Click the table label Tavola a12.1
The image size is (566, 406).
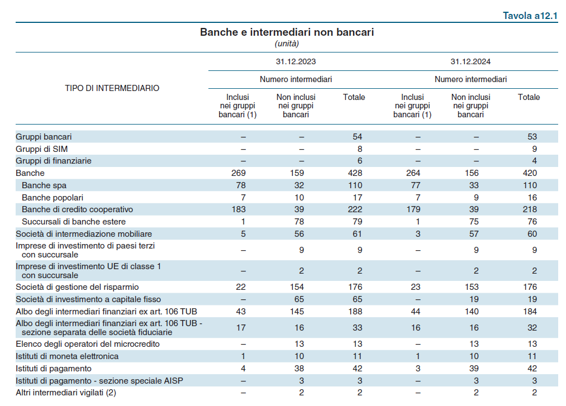(530, 16)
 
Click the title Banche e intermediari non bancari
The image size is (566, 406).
(287, 32)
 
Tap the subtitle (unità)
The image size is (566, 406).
(287, 44)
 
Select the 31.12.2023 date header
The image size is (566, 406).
(296, 62)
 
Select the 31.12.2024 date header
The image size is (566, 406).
(470, 62)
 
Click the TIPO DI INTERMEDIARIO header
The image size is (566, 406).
(112, 88)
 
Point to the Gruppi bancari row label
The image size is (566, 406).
(44, 137)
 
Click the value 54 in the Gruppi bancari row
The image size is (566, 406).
(358, 137)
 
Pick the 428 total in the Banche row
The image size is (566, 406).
(355, 173)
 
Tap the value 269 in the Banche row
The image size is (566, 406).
(239, 173)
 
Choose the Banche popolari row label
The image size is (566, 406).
(53, 198)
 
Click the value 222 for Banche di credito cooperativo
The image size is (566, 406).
(355, 209)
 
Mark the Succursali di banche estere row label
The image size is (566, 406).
(74, 222)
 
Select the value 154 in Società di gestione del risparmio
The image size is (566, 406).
(297, 287)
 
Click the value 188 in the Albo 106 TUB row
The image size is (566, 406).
(355, 312)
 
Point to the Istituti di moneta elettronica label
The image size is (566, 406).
(67, 356)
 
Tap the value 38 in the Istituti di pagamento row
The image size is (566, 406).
(299, 369)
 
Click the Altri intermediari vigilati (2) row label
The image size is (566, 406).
(66, 393)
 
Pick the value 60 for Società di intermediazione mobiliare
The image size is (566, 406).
(532, 234)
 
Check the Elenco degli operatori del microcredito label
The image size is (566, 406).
(88, 344)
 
